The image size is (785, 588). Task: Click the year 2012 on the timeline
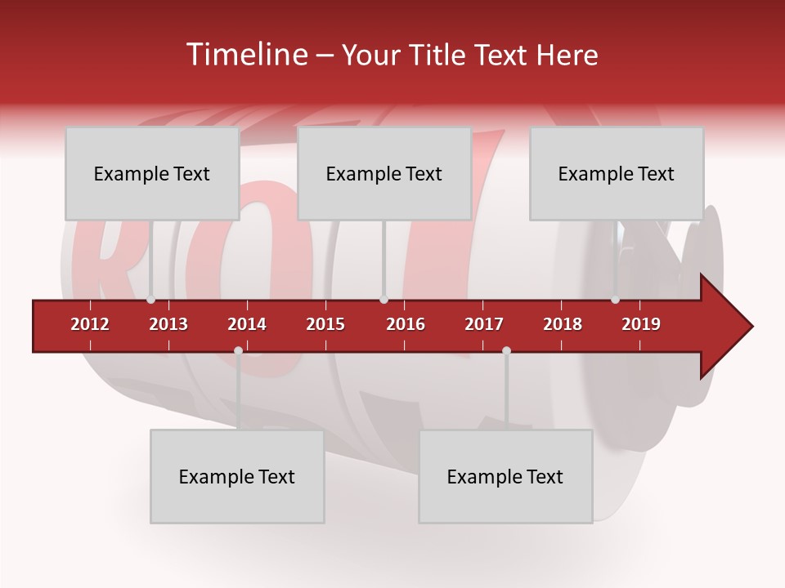90,324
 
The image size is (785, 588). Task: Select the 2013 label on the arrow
168,324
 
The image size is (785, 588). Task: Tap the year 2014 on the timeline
247,324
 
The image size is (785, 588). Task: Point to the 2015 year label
325,324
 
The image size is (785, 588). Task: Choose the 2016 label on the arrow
406,324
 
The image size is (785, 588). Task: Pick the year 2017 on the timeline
484,324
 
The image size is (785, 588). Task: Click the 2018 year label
563,324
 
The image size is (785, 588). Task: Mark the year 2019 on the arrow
641,324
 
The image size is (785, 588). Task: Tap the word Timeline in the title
245,55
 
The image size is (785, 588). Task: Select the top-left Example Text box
152,173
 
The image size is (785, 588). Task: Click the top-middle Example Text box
384,173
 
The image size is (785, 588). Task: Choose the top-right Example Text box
617,173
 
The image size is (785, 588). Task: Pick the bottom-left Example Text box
237,476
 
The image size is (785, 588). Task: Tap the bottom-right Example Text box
505,476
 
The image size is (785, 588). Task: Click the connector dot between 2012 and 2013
150,300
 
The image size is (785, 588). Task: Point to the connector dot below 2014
238,350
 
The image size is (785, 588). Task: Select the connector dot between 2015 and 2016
384,300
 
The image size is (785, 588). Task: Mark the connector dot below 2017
506,350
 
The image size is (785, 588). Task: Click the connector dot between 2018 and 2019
615,300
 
